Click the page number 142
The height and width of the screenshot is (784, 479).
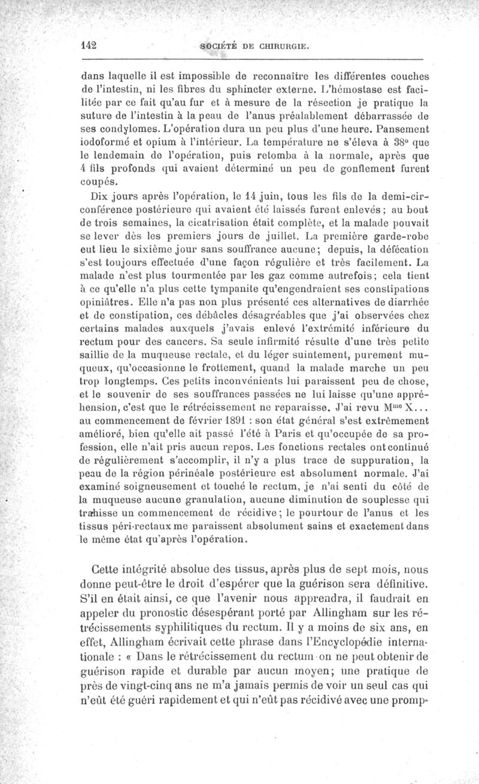pyautogui.click(x=88, y=45)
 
